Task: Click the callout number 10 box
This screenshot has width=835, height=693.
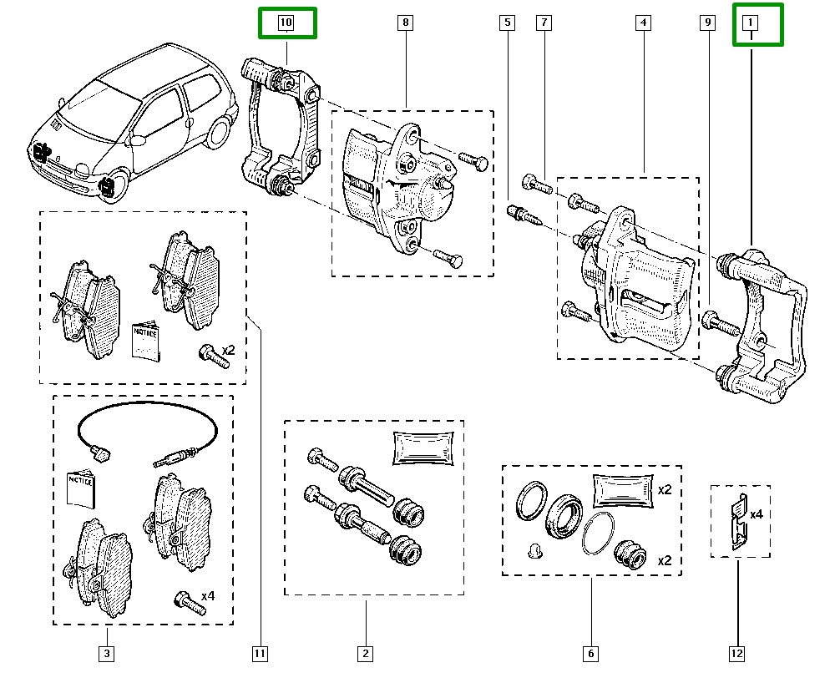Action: click(x=286, y=23)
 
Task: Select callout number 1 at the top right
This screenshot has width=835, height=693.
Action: click(x=751, y=23)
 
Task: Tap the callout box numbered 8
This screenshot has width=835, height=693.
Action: click(x=405, y=23)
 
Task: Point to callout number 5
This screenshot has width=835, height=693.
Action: click(x=507, y=23)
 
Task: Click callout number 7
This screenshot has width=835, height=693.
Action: click(x=544, y=23)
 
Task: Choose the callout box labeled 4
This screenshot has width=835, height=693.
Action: click(x=643, y=23)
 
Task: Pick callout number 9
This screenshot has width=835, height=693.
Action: click(x=707, y=23)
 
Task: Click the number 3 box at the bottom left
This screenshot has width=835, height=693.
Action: click(x=106, y=654)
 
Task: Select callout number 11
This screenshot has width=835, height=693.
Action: click(x=260, y=654)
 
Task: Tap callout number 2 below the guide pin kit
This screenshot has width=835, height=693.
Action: click(x=366, y=654)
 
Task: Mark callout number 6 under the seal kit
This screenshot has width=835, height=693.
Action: click(x=590, y=654)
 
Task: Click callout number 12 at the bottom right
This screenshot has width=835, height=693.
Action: click(x=737, y=654)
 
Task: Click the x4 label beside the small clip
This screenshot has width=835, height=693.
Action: click(x=756, y=515)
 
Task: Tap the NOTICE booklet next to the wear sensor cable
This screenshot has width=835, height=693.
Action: click(x=81, y=489)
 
